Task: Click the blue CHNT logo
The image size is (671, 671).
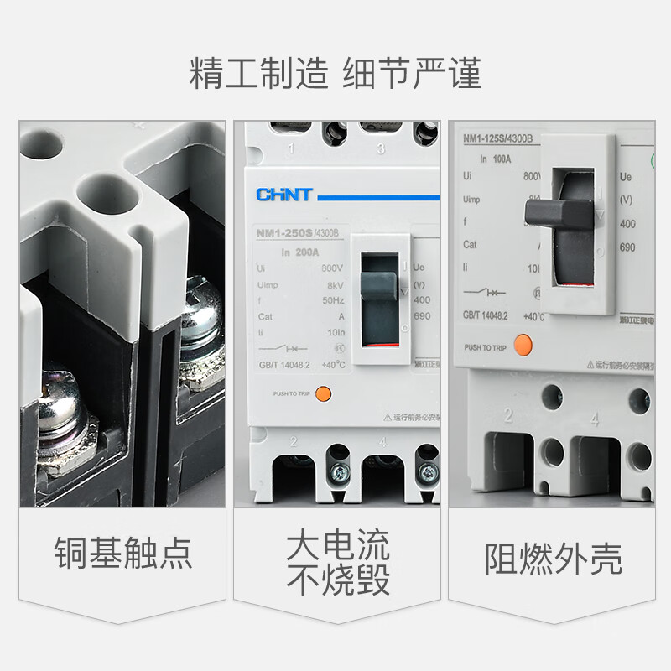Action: tap(284, 195)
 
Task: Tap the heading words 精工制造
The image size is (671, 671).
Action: tap(259, 74)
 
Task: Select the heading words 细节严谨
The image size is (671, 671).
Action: tap(412, 74)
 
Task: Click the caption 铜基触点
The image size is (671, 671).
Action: tap(123, 554)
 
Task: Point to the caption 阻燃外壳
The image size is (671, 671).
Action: tap(554, 559)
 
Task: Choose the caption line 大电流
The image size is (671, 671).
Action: tap(338, 545)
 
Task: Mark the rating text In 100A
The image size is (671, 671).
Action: tap(496, 157)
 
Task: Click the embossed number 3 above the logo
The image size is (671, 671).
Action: tap(381, 149)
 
